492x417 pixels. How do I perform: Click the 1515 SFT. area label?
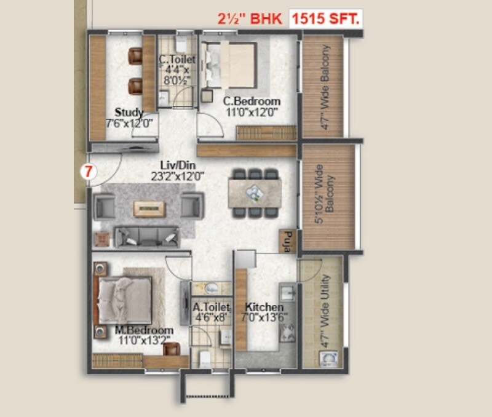click(326, 19)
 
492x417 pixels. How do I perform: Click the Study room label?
click(129, 113)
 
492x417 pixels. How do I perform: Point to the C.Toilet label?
click(177, 60)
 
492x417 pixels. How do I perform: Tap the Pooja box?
click(287, 241)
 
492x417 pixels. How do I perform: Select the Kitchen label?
click(264, 307)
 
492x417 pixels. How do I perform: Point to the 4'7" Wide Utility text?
click(326, 311)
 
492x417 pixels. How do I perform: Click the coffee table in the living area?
click(149, 208)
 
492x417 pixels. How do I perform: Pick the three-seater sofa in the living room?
click(147, 236)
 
